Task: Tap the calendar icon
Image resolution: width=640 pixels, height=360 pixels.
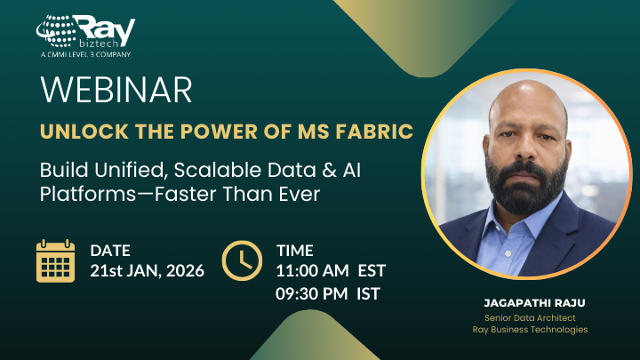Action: [x=55, y=260]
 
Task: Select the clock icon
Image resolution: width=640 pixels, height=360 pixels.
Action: [x=242, y=260]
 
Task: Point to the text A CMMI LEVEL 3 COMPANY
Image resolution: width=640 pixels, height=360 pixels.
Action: [x=85, y=54]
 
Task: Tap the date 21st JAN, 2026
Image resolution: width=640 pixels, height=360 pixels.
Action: [x=147, y=271]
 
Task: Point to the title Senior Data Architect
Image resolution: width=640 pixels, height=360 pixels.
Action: [x=529, y=317]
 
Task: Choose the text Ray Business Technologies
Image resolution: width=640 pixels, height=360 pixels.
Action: [x=529, y=330]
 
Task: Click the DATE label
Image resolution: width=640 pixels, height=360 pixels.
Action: [x=110, y=251]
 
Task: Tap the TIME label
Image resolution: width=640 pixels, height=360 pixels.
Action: [x=294, y=251]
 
